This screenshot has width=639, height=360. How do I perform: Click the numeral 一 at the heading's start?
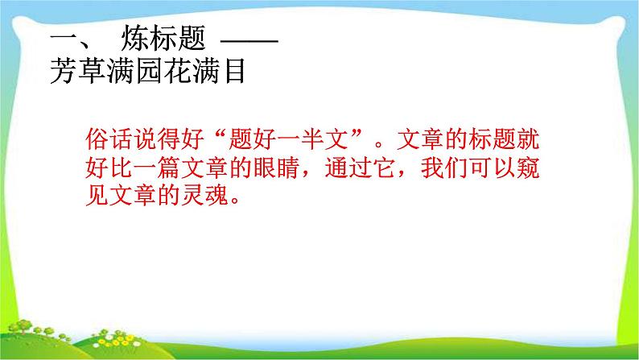click(x=61, y=39)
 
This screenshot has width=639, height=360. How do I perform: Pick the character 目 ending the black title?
click(x=233, y=73)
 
